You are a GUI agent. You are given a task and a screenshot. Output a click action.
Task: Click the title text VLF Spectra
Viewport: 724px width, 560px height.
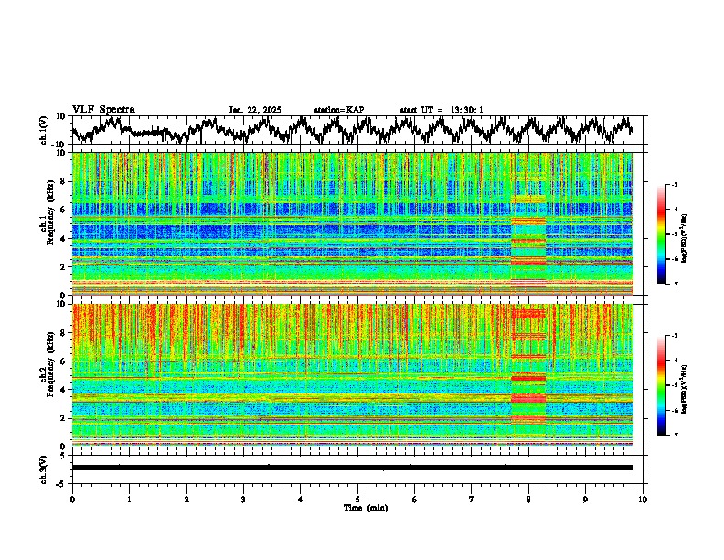[103, 109]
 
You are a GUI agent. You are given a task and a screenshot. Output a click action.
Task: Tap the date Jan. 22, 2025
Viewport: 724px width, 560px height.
[255, 110]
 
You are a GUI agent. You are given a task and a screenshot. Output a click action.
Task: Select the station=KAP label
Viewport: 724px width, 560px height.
[338, 110]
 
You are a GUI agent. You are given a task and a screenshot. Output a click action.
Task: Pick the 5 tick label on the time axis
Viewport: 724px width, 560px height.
[357, 499]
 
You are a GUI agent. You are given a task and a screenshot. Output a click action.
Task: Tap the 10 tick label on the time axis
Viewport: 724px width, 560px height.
[643, 499]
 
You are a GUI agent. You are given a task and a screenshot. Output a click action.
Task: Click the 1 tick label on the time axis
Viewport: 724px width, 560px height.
[129, 499]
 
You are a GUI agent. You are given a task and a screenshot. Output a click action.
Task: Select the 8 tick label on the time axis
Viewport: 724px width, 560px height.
[528, 499]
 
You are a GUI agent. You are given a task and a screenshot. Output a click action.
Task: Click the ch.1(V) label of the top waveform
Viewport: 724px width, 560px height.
[44, 130]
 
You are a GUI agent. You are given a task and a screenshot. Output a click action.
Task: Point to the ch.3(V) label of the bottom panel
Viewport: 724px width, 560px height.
[44, 468]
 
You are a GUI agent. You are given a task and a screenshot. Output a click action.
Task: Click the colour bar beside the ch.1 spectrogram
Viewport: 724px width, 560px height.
[663, 234]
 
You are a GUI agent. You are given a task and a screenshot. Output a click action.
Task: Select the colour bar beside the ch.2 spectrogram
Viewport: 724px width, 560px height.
[663, 385]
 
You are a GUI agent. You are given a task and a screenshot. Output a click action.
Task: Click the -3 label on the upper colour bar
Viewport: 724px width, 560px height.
[673, 185]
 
